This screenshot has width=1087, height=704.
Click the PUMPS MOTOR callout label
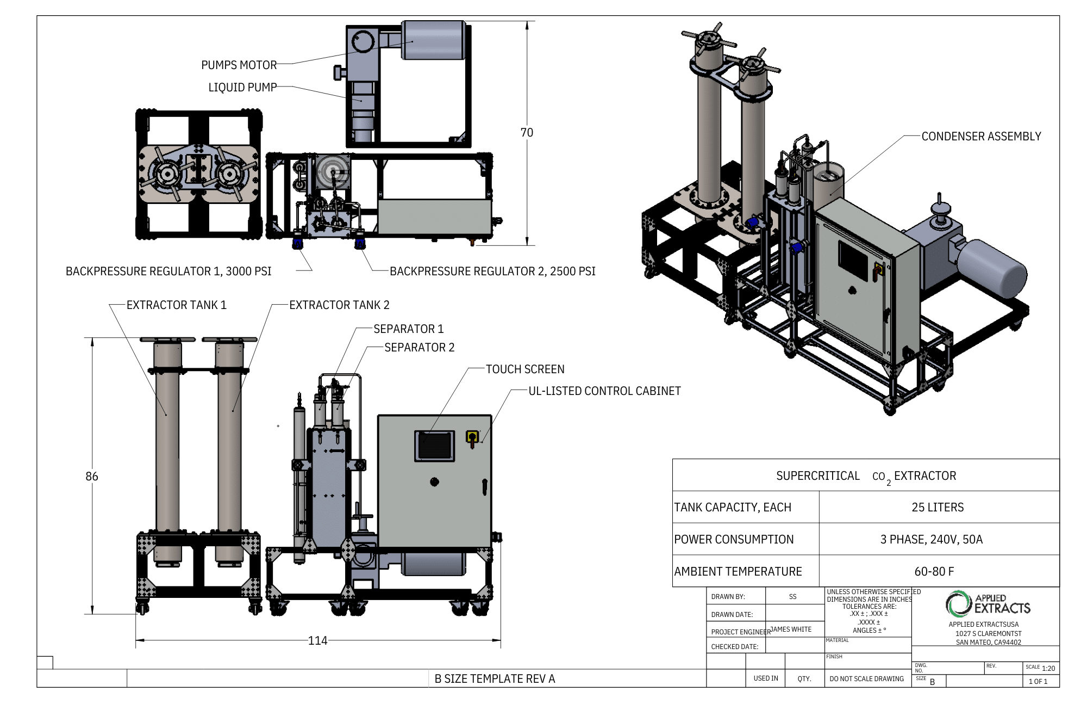239,65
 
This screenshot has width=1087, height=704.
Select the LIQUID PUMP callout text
242,88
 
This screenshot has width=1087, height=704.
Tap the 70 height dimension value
527,133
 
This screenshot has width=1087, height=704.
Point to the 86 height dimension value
92,477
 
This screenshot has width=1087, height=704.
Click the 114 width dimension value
317,641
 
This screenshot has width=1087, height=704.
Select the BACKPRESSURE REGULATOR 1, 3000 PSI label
168,271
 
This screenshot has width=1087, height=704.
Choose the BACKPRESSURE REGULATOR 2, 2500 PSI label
492,271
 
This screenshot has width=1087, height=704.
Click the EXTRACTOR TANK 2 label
339,305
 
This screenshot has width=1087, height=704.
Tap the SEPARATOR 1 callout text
408,329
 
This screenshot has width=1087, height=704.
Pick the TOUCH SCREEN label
525,369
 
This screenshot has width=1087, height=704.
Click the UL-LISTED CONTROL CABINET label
604,391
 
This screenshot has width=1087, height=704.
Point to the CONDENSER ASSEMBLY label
981,137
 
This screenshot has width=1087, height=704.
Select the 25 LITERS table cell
938,508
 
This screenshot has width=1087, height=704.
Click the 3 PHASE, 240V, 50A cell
931,540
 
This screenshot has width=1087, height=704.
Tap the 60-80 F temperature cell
934,572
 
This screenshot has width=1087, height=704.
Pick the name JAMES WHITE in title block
791,629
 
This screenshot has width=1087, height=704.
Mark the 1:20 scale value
1048,669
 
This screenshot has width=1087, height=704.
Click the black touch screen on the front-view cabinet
435,446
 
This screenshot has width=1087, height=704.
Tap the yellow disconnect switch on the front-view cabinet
472,436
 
